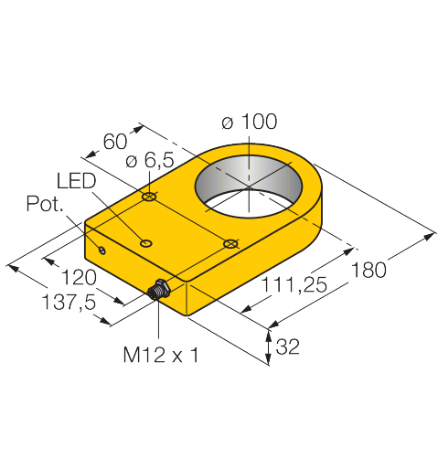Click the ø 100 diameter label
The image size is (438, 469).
pos(249,122)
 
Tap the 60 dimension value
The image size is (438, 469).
pos(115,142)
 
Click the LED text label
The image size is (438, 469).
pos(76,180)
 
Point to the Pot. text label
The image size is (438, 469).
pos(45,204)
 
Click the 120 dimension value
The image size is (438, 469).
pos(79,277)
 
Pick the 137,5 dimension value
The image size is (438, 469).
pos(69,303)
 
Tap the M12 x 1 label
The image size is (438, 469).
pos(161,355)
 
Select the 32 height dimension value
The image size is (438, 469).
pos(288,346)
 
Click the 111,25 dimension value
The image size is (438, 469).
pos(294,285)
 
